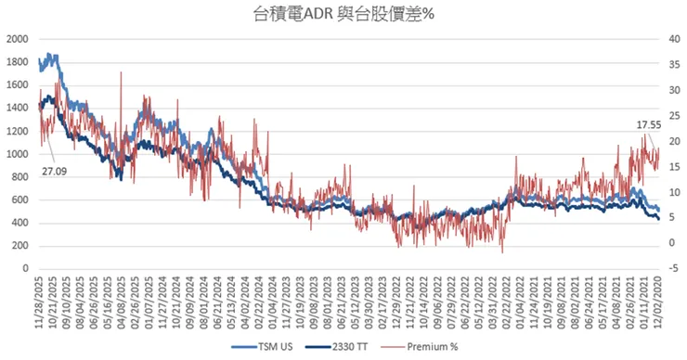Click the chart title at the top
point(343,13)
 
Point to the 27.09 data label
point(55,172)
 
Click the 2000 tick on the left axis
point(17,39)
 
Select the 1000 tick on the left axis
point(17,154)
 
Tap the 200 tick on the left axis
point(19,246)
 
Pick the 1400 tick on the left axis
point(17,108)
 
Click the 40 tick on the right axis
point(671,39)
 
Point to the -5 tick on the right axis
point(671,269)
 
